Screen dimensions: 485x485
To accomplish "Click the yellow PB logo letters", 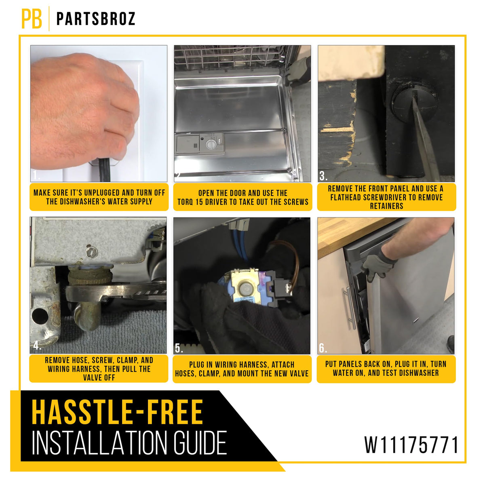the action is (32, 19).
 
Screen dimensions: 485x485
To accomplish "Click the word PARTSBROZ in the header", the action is (96, 19).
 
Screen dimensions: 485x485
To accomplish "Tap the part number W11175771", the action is (411, 445).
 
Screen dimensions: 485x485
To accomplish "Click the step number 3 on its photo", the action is (323, 176).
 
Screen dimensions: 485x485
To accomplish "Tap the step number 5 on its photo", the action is (179, 348).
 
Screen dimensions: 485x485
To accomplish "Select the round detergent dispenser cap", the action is (211, 144).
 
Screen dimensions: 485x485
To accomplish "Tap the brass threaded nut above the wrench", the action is (90, 276).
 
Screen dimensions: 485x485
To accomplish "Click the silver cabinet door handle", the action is (348, 308).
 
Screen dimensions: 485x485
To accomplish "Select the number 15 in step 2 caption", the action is (199, 202).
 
